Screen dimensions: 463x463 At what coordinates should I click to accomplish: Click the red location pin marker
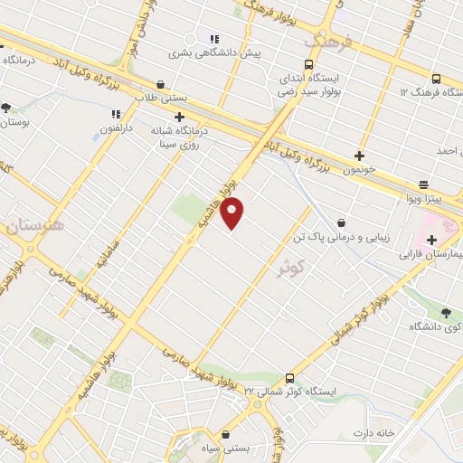232,213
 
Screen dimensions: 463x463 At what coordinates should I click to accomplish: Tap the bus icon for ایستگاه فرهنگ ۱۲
436,79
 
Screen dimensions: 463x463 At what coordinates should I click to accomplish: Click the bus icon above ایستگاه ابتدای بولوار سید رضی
309,65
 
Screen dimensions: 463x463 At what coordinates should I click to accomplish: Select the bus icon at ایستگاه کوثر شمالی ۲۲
289,378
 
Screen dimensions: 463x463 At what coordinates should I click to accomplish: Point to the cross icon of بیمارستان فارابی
431,241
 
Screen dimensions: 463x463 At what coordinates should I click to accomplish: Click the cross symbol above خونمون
360,156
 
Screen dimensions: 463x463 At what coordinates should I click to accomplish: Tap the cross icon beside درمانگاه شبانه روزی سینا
179,117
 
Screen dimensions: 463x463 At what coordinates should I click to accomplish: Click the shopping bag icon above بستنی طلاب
160,82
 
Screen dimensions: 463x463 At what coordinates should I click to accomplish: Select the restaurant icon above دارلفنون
116,115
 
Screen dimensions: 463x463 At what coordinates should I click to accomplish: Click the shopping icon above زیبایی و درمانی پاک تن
341,222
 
